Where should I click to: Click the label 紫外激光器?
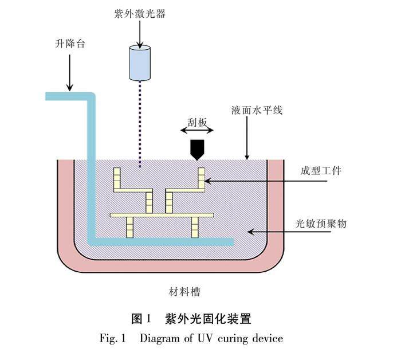point(139,14)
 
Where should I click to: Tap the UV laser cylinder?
point(140,62)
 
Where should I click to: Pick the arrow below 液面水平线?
point(247,138)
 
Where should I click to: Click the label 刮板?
point(198,121)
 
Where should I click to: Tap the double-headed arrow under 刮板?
point(198,131)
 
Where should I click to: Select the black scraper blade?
point(198,149)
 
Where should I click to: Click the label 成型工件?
point(321,170)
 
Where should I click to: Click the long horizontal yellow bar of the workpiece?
point(162,216)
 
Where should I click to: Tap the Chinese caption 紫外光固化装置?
point(209,318)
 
